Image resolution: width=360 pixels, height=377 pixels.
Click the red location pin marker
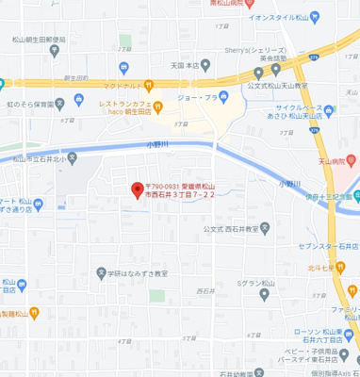[137, 188]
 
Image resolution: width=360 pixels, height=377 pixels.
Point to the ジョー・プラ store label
[200, 97]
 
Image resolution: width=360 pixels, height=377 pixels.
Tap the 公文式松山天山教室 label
[277, 86]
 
